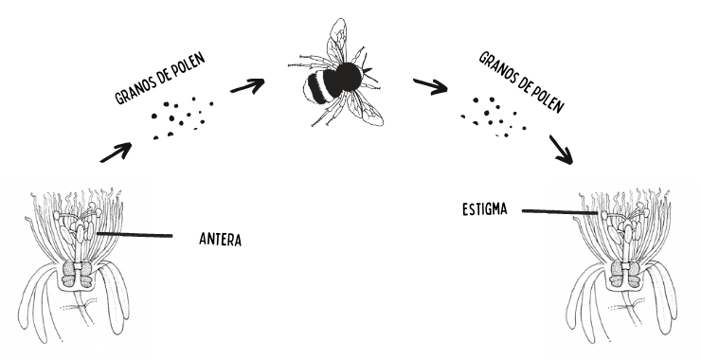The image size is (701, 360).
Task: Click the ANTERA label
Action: (220, 237)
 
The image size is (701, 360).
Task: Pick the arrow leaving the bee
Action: (429, 87)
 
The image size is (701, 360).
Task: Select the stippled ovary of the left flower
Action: (75, 275)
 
